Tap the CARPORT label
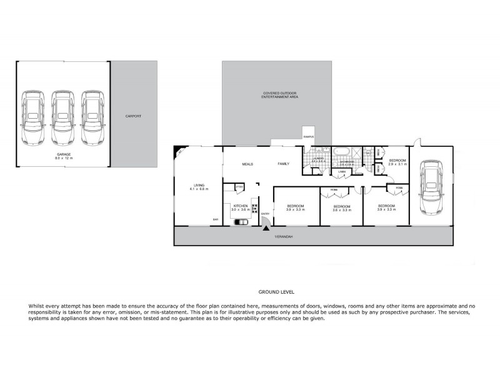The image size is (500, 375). (134, 116)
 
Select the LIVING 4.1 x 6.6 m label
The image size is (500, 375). (199, 187)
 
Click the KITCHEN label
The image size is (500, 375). (241, 207)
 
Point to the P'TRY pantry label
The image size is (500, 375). (239, 186)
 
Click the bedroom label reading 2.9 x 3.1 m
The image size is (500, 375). (397, 162)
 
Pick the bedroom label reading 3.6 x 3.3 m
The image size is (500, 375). (341, 208)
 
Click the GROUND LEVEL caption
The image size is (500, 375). (276, 292)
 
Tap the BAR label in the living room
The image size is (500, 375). (216, 219)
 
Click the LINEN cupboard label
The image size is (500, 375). (342, 171)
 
